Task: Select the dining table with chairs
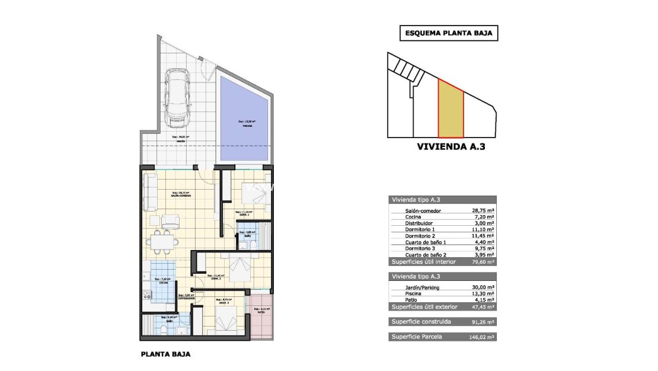pyautogui.click(x=162, y=242)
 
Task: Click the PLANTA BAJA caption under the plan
pyautogui.click(x=166, y=355)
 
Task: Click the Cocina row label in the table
pyautogui.click(x=414, y=217)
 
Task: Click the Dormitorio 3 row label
pyautogui.click(x=422, y=248)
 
